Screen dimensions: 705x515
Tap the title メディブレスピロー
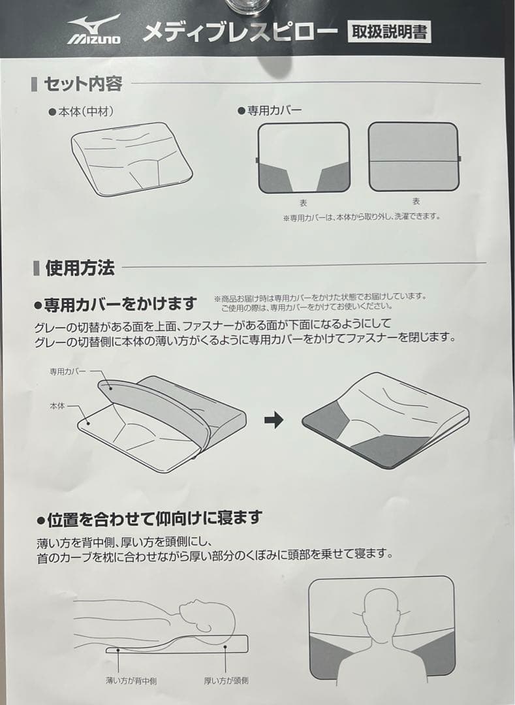tap(240, 31)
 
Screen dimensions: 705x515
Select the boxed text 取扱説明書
tap(390, 31)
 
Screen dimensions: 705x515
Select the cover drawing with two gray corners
tap(304, 158)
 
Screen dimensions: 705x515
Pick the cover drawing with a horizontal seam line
tap(413, 157)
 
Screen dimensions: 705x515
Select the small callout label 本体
tap(57, 405)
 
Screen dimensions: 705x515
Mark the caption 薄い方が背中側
tap(131, 681)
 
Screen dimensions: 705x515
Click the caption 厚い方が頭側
tap(226, 681)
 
